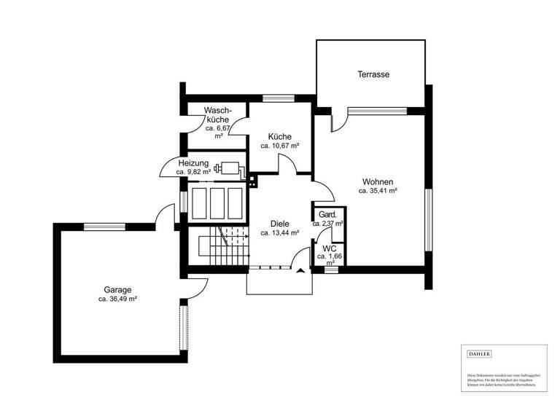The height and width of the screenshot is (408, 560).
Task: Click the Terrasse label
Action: point(372,74)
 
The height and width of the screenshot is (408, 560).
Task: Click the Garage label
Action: point(117,289)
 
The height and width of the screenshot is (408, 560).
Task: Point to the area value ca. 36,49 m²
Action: point(117,299)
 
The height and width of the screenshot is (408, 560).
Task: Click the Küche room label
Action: point(279,136)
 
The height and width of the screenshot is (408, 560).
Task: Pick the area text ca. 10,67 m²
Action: point(279,146)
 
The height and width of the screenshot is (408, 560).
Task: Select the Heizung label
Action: point(193,163)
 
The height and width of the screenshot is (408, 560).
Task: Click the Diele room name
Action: point(279,224)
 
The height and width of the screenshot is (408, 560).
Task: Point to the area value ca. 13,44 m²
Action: point(279,233)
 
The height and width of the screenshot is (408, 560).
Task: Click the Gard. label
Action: point(327,215)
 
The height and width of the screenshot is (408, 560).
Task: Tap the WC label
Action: point(330,248)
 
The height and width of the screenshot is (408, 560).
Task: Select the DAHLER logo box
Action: point(479,354)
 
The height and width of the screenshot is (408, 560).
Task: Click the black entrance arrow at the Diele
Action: point(301,271)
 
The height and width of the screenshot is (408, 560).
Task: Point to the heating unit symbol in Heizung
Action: point(231,167)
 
